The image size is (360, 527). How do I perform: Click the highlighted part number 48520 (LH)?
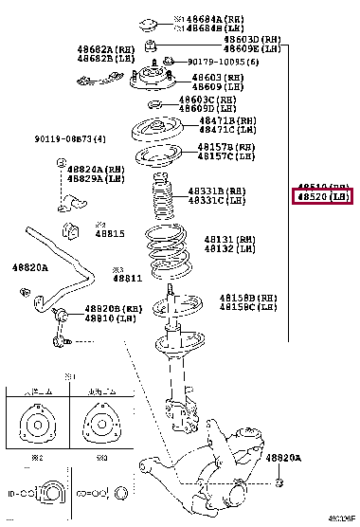click(322, 196)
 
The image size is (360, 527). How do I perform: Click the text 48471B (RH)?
click(226, 121)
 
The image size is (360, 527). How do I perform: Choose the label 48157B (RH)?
click(226, 148)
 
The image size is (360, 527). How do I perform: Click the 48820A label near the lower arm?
click(283, 458)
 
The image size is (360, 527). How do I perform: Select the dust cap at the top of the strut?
click(149, 22)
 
